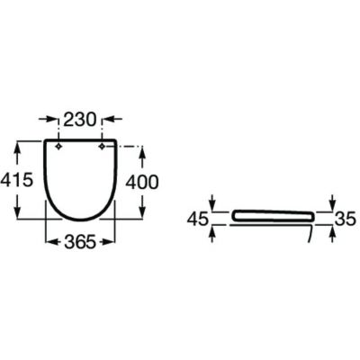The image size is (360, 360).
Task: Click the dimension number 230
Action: (x=80, y=120)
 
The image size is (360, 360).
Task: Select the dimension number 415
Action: (x=16, y=181)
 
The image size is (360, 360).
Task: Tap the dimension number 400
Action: (x=141, y=182)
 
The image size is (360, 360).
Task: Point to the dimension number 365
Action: (x=80, y=241)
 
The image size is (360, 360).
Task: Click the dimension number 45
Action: (x=197, y=219)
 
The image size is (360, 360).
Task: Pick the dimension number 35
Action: (x=345, y=219)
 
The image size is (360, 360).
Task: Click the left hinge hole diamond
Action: (x=59, y=146)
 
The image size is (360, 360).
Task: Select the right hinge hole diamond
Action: (x=102, y=146)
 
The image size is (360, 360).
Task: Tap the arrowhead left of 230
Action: (x=51, y=120)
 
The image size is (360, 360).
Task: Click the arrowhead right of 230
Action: (x=109, y=120)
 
